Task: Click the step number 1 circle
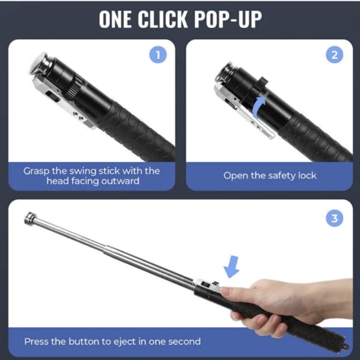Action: pyautogui.click(x=158, y=55)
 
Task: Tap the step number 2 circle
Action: pyautogui.click(x=335, y=55)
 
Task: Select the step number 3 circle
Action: pyautogui.click(x=335, y=218)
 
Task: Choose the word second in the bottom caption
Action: pyautogui.click(x=184, y=341)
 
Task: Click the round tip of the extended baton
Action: pyautogui.click(x=29, y=218)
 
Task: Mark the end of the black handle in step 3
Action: pyautogui.click(x=343, y=343)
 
